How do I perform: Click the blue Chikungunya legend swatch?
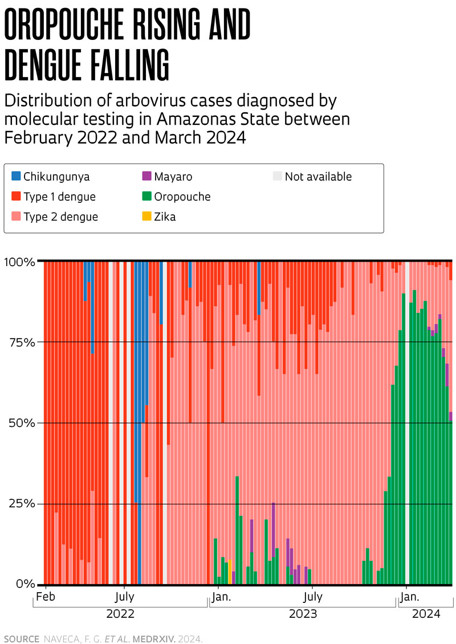[x=16, y=177]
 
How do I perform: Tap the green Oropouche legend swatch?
[x=146, y=197]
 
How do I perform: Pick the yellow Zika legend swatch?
[x=146, y=217]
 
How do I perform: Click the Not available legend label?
[x=318, y=177]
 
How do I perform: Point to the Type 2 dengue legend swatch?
[x=16, y=217]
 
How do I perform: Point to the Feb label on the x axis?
[x=46, y=597]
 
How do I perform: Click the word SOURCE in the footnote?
[x=21, y=638]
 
